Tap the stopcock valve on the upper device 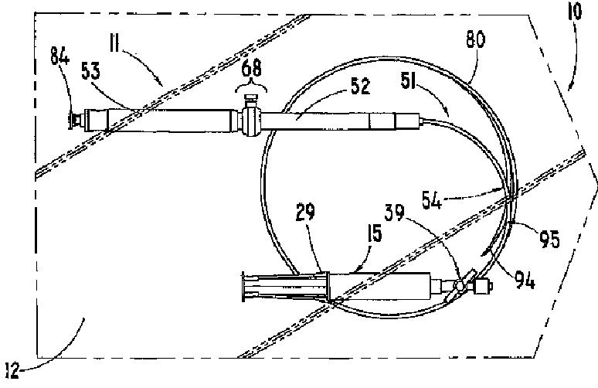click(250, 119)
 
